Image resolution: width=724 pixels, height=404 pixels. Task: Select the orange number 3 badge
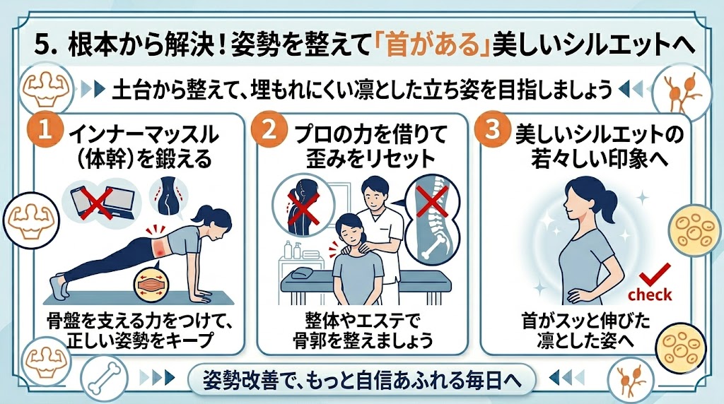point(493,129)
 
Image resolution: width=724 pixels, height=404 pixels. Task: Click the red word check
point(650,295)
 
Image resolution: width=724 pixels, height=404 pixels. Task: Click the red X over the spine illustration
point(432,201)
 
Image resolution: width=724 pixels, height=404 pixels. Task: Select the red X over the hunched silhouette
point(303,208)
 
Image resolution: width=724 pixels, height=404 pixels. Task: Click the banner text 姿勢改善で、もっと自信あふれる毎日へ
point(362,379)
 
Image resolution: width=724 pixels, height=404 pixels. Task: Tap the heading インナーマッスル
point(144,135)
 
